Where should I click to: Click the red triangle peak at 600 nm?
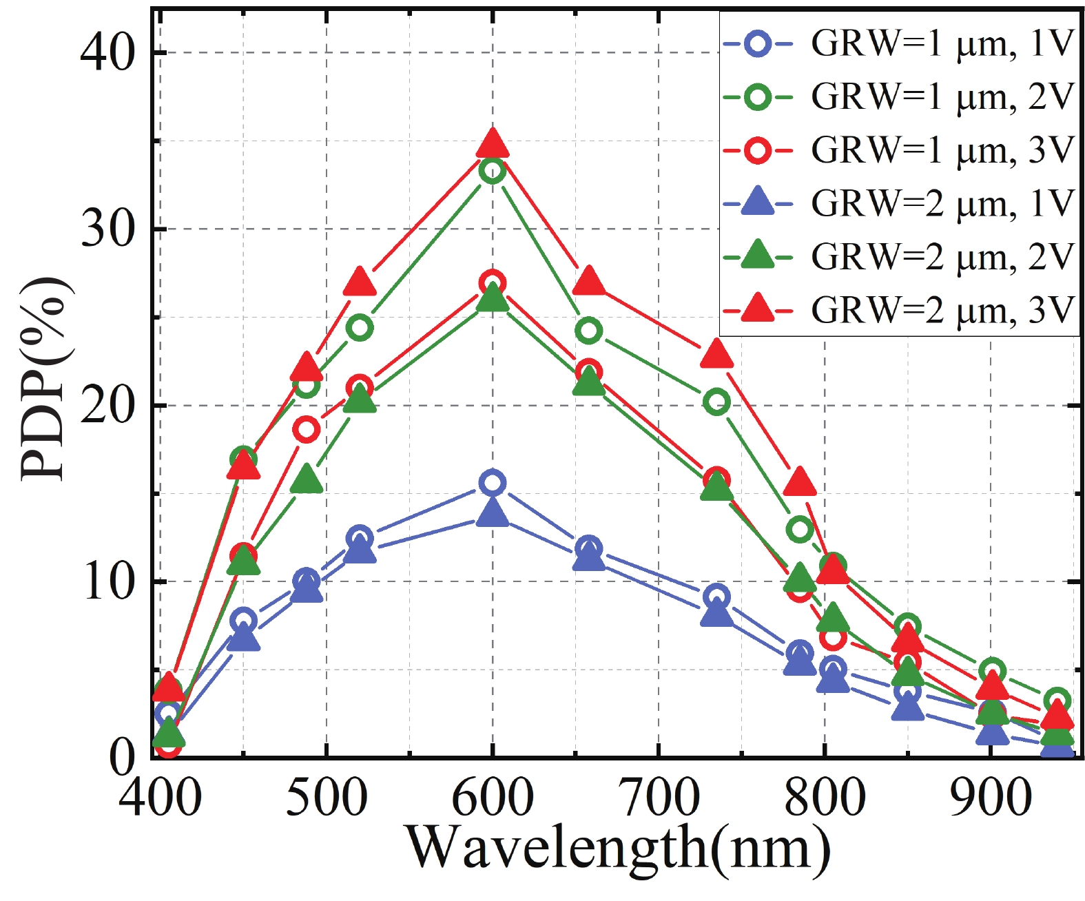[493, 143]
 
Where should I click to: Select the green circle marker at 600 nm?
[493, 170]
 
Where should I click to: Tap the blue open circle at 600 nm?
[493, 483]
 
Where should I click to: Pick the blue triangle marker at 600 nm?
[493, 513]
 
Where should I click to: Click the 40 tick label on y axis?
[107, 52]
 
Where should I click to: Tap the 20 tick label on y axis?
[107, 406]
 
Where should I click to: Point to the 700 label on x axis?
[659, 797]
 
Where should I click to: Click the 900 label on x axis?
[990, 797]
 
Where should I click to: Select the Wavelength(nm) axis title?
[618, 849]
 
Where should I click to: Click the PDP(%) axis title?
[43, 379]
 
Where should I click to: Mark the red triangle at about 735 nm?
[716, 354]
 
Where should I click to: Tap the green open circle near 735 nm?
[716, 402]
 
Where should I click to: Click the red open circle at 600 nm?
[493, 283]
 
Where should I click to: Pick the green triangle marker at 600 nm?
[493, 298]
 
